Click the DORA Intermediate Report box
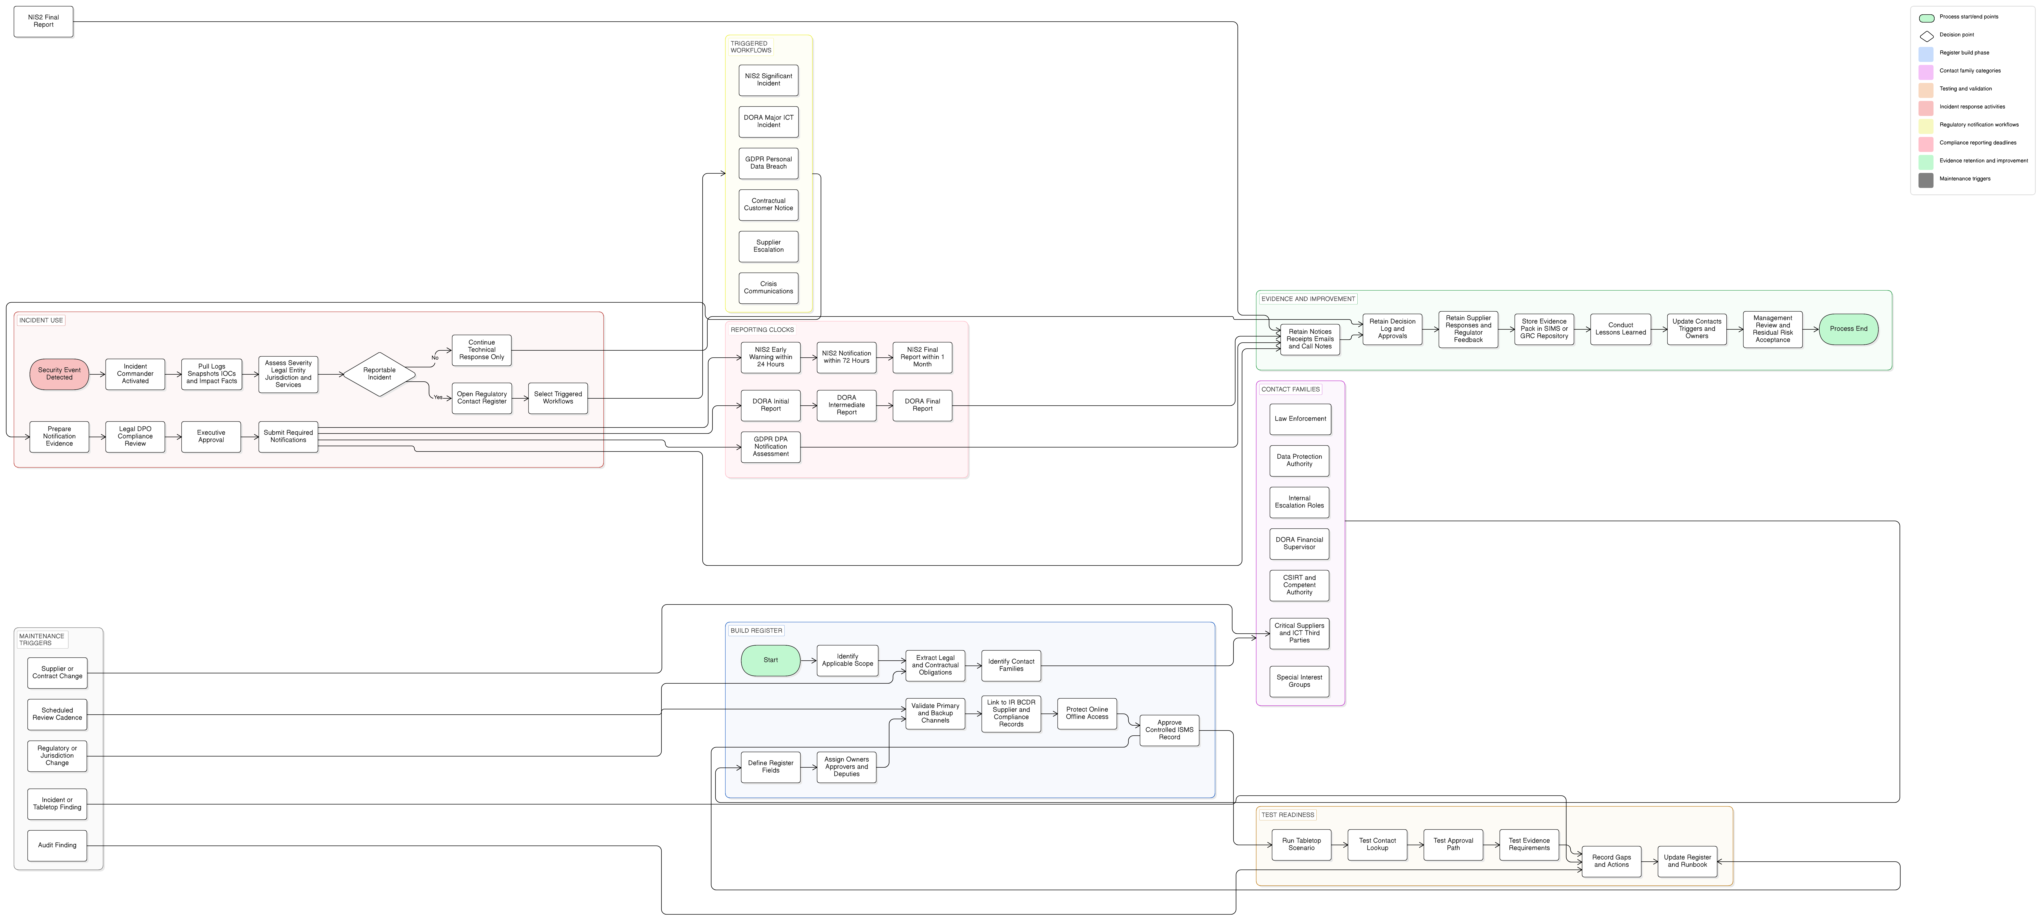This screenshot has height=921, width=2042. (847, 405)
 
